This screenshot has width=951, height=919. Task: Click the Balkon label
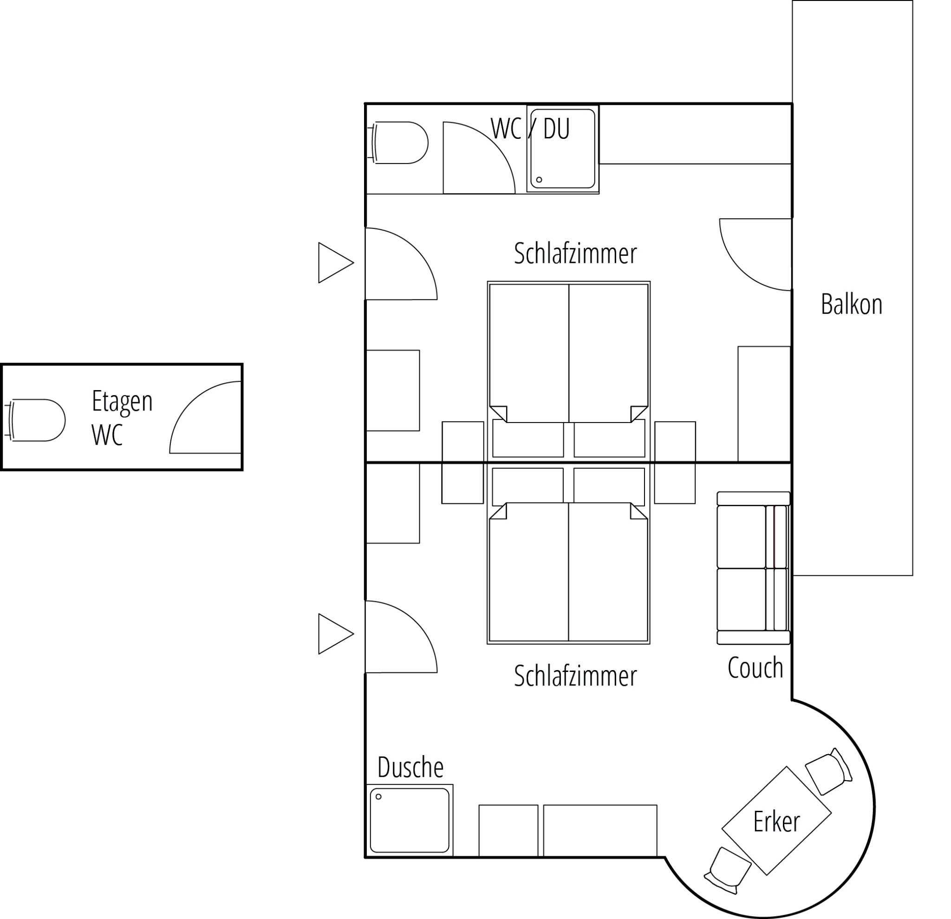click(852, 305)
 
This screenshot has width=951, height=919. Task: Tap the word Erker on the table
click(776, 822)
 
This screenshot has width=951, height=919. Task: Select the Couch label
click(756, 668)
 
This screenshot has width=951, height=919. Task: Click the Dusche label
click(410, 767)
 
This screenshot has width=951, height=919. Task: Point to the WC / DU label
click(530, 129)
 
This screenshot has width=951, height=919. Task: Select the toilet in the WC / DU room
click(399, 143)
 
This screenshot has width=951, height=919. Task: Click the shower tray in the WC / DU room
click(563, 149)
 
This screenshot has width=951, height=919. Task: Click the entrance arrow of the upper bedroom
click(336, 262)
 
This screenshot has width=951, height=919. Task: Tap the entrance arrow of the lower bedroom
click(336, 634)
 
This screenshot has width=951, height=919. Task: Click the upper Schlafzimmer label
click(575, 254)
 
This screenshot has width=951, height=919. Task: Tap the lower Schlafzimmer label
click(575, 676)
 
